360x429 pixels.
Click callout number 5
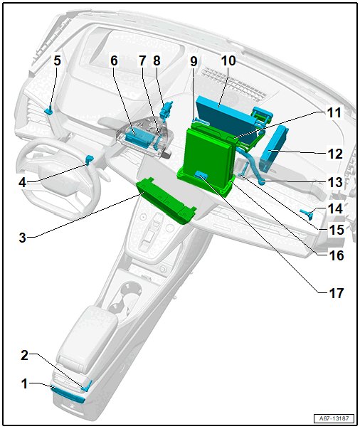pos(57,60)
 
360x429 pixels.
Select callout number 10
pos(228,60)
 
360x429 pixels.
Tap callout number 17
pos(337,293)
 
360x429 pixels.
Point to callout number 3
pos(23,237)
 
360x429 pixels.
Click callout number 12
pos(335,154)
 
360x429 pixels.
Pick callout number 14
pos(335,208)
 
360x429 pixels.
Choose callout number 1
pos(25,383)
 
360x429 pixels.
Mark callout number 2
pos(25,355)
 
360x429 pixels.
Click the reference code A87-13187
pos(334,418)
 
